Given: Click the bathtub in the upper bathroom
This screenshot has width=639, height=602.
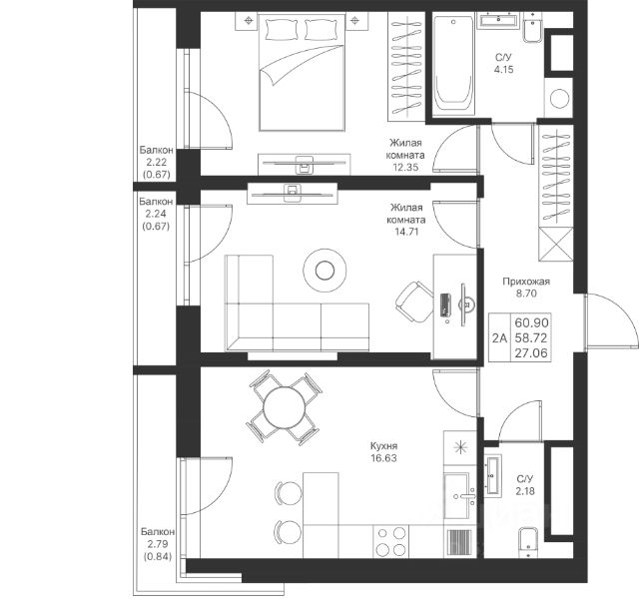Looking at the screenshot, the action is pos(453,64).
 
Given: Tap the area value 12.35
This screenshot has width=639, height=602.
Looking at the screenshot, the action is pos(405,167).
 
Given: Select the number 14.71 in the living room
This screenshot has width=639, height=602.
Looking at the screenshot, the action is pos(406,232).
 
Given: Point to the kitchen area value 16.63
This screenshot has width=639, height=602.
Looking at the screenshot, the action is pos(383,458).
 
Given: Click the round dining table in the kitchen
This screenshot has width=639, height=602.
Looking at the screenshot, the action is pos(284,407).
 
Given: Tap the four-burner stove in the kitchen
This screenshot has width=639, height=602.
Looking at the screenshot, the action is pos(390,541).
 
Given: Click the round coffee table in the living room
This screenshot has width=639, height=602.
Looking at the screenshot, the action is pos(324,271).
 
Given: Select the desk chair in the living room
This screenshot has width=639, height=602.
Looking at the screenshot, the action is pos(413,301).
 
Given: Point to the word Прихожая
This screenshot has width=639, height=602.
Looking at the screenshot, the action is pos(526,282).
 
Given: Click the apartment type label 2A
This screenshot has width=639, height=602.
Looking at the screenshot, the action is pos(499,337).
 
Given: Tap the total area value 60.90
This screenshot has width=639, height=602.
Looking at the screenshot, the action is pos(531,322).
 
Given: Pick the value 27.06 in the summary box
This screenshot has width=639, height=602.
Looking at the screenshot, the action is pos(531,353).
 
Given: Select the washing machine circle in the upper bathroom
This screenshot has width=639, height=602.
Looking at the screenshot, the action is pos(559,98).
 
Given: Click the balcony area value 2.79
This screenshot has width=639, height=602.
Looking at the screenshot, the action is pos(158,544).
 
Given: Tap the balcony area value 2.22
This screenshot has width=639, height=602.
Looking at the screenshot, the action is pos(157,162).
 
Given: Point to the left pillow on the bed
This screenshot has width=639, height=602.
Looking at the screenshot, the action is pos(282,29).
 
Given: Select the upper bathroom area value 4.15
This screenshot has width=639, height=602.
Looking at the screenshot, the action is pos(503,69).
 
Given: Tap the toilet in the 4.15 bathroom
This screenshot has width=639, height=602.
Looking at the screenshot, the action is pos(532,28).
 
